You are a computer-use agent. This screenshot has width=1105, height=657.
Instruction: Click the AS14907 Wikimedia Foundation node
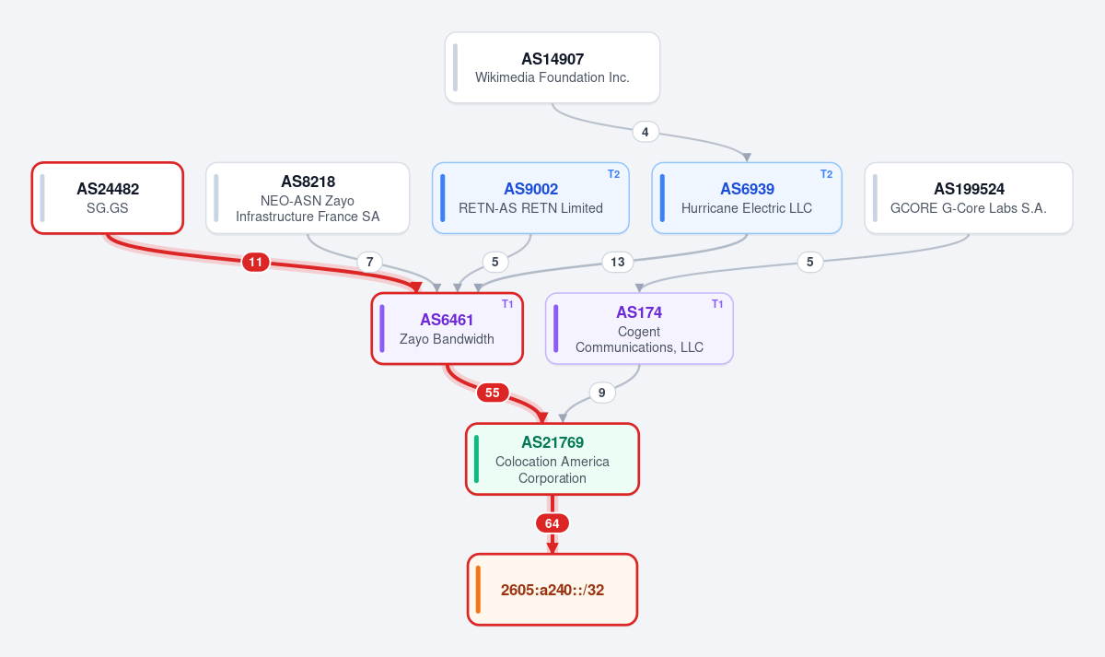click(x=552, y=67)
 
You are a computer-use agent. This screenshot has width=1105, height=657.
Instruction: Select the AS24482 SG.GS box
click(x=108, y=198)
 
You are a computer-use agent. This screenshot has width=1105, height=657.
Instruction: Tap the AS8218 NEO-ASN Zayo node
click(x=308, y=198)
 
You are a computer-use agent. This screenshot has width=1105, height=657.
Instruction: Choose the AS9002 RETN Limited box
click(x=530, y=198)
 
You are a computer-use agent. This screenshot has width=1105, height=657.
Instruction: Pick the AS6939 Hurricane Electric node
click(x=747, y=198)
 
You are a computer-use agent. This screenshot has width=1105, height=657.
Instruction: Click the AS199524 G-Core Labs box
click(x=969, y=198)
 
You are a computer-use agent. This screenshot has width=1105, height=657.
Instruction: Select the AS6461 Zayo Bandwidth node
click(x=447, y=329)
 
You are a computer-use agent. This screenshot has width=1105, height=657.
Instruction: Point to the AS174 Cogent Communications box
click(x=639, y=329)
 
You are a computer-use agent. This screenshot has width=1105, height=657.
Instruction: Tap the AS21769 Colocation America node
click(x=552, y=459)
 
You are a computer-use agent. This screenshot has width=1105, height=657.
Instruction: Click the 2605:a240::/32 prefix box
click(x=552, y=590)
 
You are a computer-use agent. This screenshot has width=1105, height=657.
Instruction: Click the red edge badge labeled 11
click(x=256, y=262)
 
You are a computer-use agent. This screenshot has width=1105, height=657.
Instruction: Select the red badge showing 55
click(x=493, y=393)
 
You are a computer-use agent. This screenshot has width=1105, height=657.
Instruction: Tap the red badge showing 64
click(x=552, y=523)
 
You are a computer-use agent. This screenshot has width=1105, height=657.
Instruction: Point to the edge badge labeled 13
click(x=618, y=262)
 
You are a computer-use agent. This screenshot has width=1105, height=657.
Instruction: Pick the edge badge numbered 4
click(x=645, y=132)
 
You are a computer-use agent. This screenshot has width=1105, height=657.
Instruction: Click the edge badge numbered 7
click(x=369, y=262)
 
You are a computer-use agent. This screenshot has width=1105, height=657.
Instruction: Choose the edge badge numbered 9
click(x=602, y=393)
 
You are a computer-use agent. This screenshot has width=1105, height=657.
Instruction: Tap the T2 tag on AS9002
click(x=613, y=174)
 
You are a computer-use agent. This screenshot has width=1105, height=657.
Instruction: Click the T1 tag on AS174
click(x=717, y=304)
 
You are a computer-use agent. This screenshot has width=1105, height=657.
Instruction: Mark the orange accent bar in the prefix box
click(x=478, y=590)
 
